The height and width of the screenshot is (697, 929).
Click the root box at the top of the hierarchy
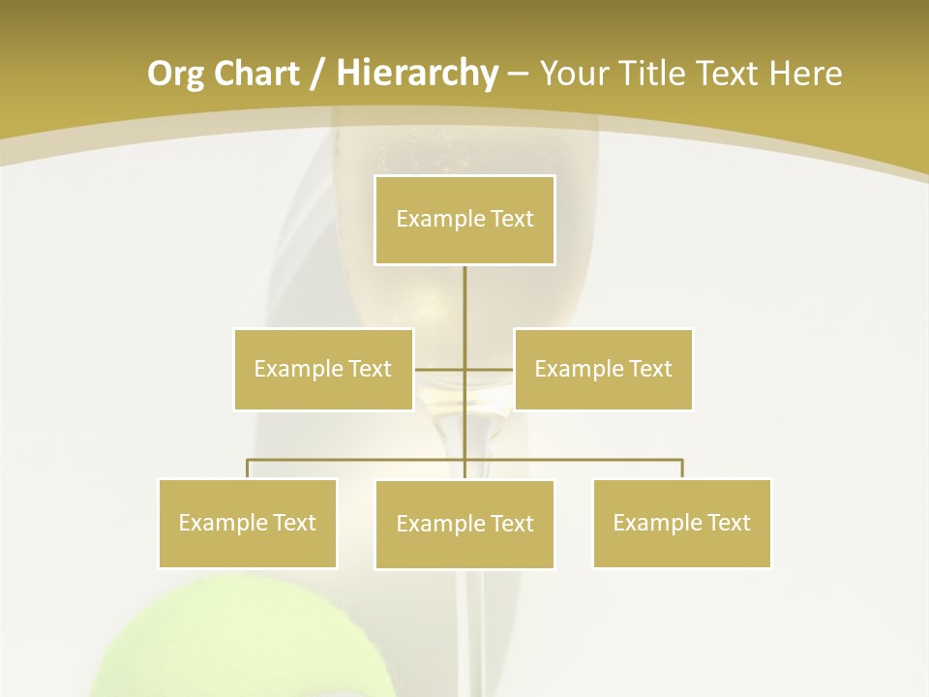(x=464, y=220)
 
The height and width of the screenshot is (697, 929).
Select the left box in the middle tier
(x=323, y=369)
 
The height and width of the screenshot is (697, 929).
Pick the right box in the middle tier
(x=603, y=369)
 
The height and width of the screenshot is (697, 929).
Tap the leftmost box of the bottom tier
(x=248, y=523)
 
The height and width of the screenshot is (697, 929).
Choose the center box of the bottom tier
(x=464, y=524)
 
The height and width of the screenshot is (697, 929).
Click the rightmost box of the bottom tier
(x=681, y=523)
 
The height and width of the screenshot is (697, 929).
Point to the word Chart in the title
(x=255, y=74)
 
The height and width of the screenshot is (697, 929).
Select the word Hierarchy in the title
(x=416, y=74)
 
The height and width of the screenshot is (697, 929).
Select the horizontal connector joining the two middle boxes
(x=440, y=369)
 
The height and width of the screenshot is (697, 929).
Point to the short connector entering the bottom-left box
(x=248, y=469)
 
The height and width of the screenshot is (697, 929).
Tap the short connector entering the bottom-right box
(x=681, y=469)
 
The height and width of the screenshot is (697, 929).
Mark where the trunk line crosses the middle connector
(x=464, y=369)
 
